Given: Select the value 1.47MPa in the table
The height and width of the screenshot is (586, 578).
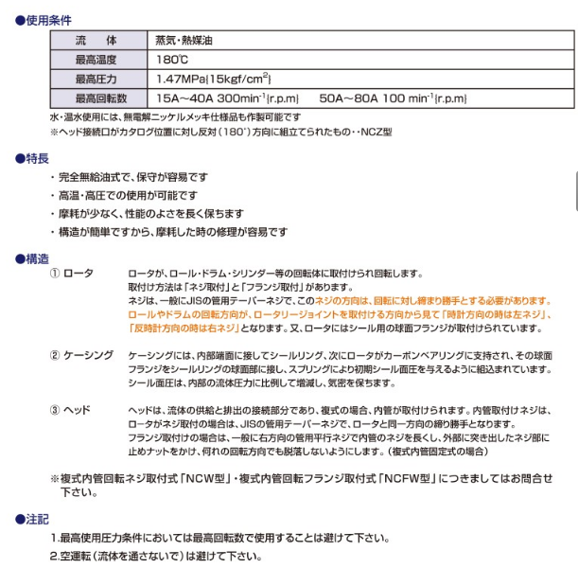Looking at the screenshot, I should pyautogui.click(x=181, y=79).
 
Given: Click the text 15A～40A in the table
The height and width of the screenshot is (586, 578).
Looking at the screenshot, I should pyautogui.click(x=184, y=98).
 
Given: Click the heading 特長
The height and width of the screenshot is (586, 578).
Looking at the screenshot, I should pyautogui.click(x=37, y=158).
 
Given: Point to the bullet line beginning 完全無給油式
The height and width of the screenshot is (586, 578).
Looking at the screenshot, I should pyautogui.click(x=132, y=177).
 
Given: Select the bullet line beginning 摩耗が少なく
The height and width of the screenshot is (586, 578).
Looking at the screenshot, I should pyautogui.click(x=151, y=214).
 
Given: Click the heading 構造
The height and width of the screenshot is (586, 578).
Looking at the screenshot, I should pyautogui.click(x=37, y=257).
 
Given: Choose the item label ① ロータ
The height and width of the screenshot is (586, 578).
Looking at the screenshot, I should pyautogui.click(x=72, y=274).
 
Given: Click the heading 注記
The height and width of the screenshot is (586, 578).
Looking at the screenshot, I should pyautogui.click(x=37, y=519).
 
